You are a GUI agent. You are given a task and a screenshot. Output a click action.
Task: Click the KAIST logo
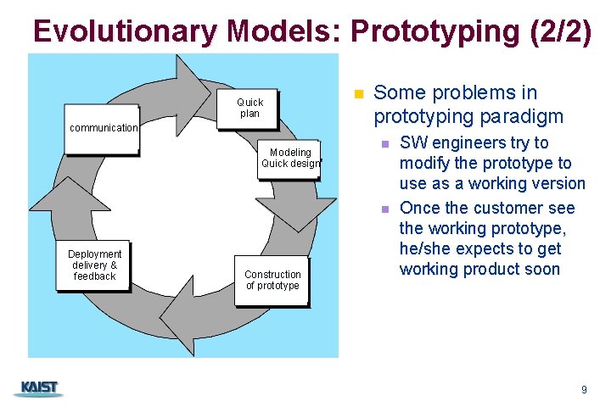click(39, 388)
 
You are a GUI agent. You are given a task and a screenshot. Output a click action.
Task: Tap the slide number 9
click(583, 389)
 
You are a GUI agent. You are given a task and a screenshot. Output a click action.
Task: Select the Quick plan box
click(249, 109)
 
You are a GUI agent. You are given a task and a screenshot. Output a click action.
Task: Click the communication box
click(103, 128)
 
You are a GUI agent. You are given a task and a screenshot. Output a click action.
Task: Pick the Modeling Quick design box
click(290, 158)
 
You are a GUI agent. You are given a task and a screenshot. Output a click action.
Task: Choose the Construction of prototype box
click(272, 280)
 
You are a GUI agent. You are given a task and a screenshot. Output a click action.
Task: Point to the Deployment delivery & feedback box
click(94, 265)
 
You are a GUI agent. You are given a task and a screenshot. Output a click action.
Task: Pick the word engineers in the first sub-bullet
click(470, 142)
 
